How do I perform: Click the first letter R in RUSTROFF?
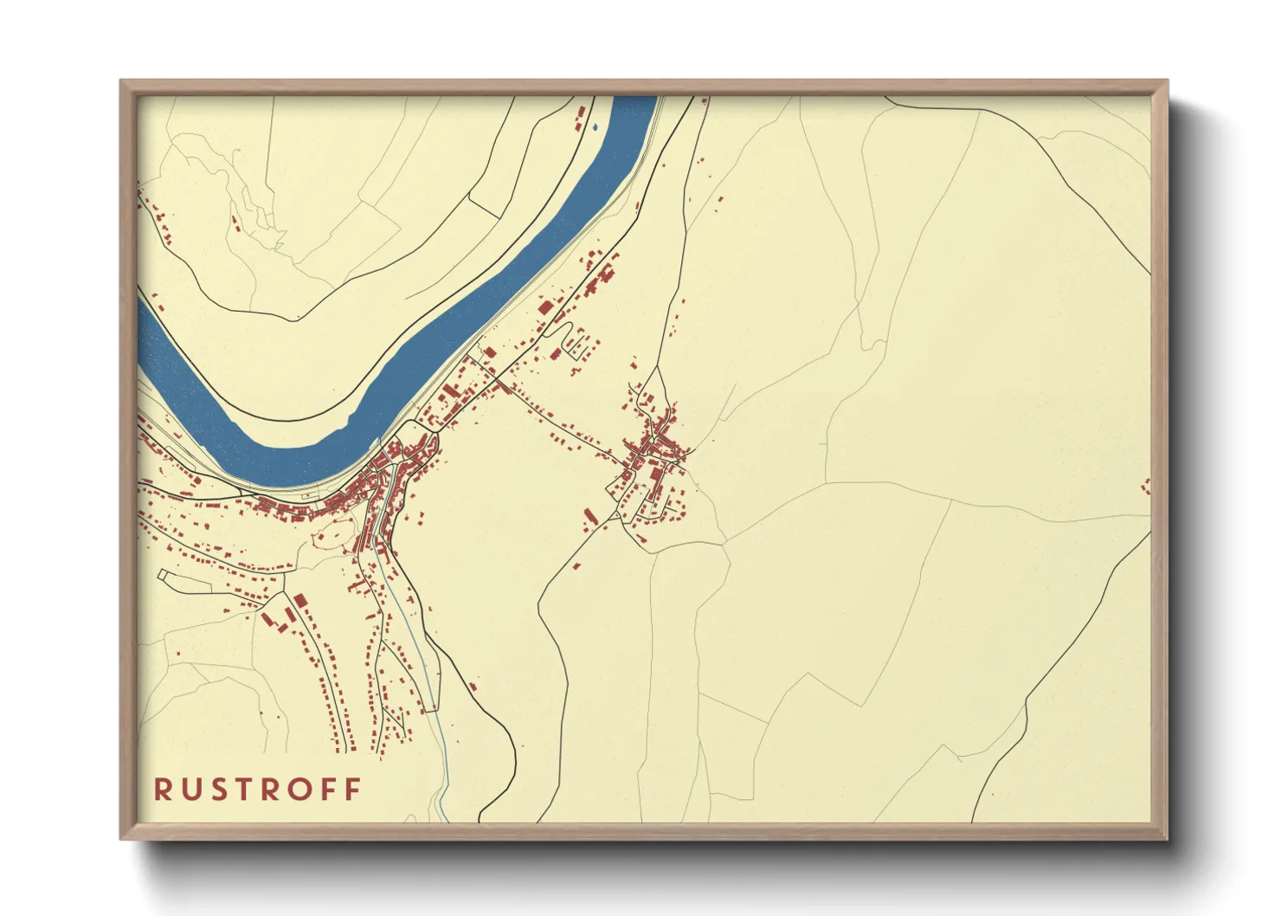[x=162, y=790]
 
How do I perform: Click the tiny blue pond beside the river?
[x=595, y=128]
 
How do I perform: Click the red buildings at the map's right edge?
[x=1147, y=486]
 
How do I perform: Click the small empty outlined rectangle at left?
[x=163, y=574]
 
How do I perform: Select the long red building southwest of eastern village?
[x=591, y=518]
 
